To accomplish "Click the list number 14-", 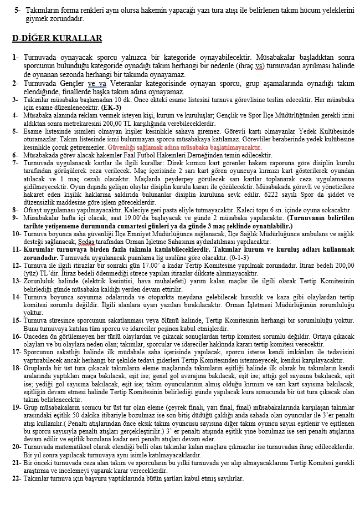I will [x=17, y=298].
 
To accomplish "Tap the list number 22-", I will [x=17, y=478].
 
